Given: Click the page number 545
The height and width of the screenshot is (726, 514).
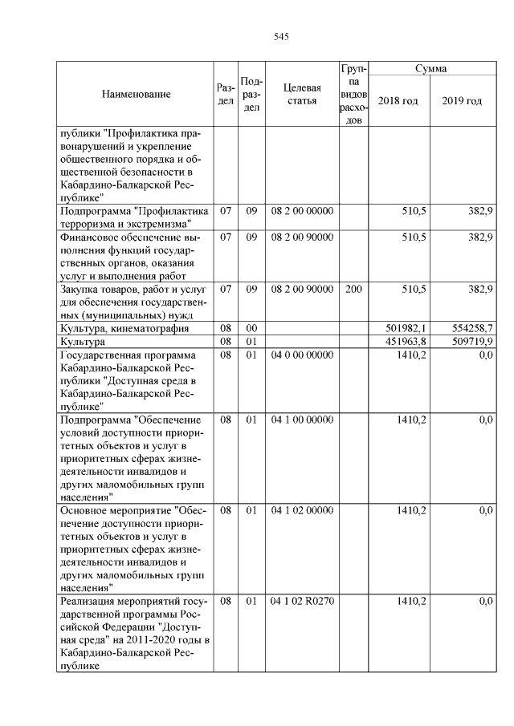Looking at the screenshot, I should click(280, 37).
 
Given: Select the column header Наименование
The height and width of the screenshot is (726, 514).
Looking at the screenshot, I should click(136, 95).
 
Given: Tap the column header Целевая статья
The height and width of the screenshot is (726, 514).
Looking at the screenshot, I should click(302, 95).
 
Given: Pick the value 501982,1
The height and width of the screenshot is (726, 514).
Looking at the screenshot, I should click(406, 329).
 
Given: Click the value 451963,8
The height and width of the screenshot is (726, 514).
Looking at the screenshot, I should click(406, 342).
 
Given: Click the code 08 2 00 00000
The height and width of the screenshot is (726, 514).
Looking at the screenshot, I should click(302, 211).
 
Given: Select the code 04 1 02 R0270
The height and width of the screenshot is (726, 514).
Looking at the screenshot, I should click(302, 601).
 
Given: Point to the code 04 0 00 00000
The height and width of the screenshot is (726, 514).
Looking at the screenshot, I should click(302, 355).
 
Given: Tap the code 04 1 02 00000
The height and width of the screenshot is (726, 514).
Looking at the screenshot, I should click(302, 510).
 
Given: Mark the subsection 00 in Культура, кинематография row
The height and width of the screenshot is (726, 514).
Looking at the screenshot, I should click(251, 329).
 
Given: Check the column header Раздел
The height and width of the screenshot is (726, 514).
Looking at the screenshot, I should click(226, 95).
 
